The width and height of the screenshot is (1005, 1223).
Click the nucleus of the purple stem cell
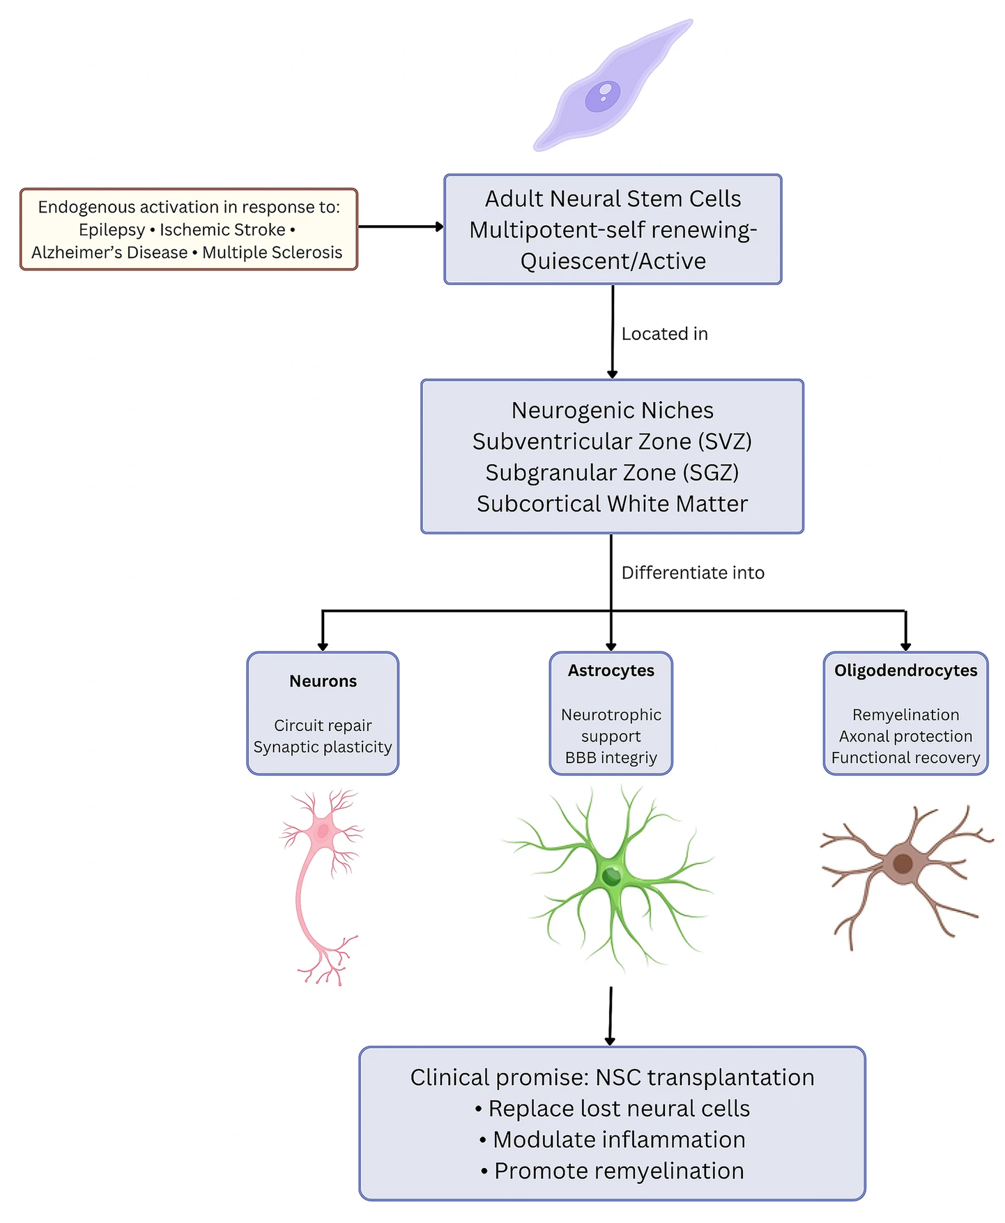602,96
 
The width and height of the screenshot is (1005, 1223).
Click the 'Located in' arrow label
664,334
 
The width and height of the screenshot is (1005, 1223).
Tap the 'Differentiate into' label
693,573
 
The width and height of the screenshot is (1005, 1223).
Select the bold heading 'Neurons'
323,681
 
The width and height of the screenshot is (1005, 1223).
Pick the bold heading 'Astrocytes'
611,670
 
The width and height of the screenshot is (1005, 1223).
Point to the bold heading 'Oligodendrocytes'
905,670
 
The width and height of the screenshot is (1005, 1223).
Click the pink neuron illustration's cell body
323,831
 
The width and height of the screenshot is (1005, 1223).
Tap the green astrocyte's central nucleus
611,875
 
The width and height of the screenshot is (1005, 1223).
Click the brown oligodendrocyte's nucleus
903,864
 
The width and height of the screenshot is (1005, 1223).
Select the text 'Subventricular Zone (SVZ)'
612,442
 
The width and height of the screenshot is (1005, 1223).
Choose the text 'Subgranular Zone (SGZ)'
612,472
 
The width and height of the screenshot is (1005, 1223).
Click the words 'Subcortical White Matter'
612,504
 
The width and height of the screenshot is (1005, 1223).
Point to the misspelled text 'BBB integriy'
611,757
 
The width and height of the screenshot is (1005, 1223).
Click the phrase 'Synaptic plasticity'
323,747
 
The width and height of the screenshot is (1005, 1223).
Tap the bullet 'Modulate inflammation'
613,1139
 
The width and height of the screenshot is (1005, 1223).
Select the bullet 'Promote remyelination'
613,1171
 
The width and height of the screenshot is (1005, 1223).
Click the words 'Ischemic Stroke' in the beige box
222,230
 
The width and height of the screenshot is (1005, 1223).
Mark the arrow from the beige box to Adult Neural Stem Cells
401,226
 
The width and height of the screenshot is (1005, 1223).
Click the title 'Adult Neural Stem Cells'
613,199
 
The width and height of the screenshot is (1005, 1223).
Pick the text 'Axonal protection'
905,736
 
